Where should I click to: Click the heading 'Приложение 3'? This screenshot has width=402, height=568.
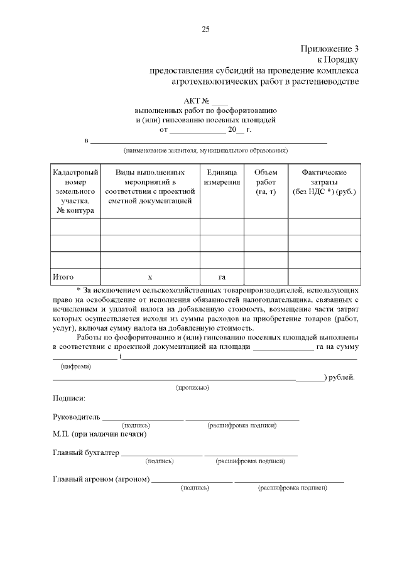[x=329, y=48]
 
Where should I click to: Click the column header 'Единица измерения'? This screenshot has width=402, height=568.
[x=222, y=177]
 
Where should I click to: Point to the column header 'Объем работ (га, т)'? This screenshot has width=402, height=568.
[x=266, y=181]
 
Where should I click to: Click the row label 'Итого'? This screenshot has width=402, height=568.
[x=63, y=277]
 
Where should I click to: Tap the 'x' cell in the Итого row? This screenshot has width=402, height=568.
[x=150, y=277]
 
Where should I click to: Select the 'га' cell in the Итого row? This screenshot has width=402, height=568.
[x=222, y=277]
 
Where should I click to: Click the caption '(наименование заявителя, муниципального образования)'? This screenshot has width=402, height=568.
[x=205, y=151]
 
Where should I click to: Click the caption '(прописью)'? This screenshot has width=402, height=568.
[x=192, y=387]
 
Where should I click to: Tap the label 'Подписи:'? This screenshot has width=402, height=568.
[x=69, y=398]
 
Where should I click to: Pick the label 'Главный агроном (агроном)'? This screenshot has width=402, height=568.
[x=101, y=480]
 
